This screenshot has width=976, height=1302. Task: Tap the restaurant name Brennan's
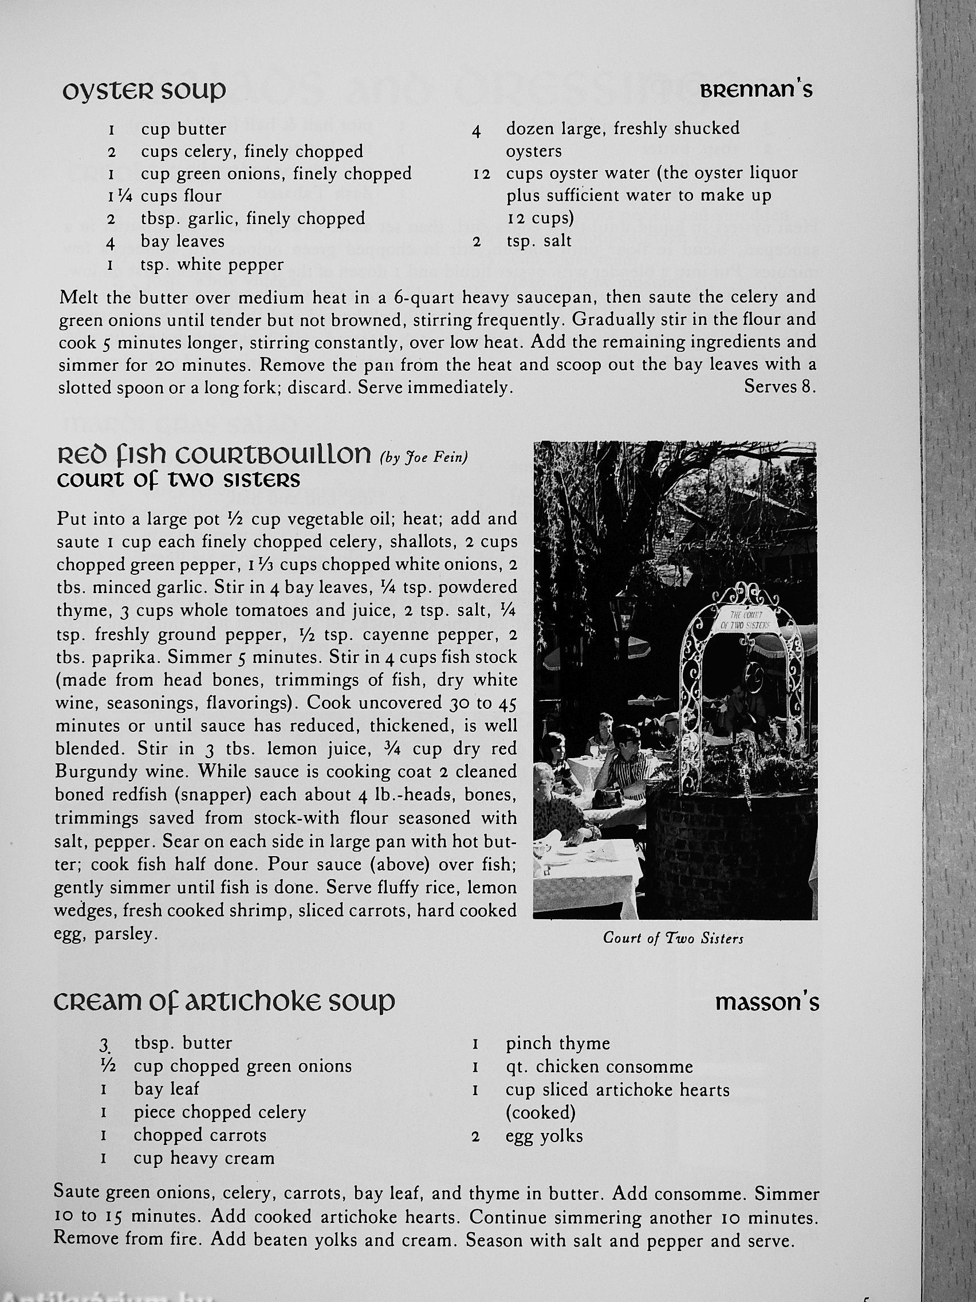[756, 90]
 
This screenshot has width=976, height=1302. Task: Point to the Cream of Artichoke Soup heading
[224, 1002]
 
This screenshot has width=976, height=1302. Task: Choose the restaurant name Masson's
[766, 1002]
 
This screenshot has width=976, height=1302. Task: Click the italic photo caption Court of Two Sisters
[673, 938]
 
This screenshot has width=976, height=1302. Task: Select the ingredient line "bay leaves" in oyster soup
[182, 241]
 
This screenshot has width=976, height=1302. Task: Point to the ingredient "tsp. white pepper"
[212, 264]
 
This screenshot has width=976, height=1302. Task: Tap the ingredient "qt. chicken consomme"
[599, 1066]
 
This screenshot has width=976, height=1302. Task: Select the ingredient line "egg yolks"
[544, 1135]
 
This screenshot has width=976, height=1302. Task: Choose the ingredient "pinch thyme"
[557, 1044]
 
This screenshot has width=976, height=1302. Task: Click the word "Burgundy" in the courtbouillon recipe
[93, 772]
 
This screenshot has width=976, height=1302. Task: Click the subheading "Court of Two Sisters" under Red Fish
[178, 480]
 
